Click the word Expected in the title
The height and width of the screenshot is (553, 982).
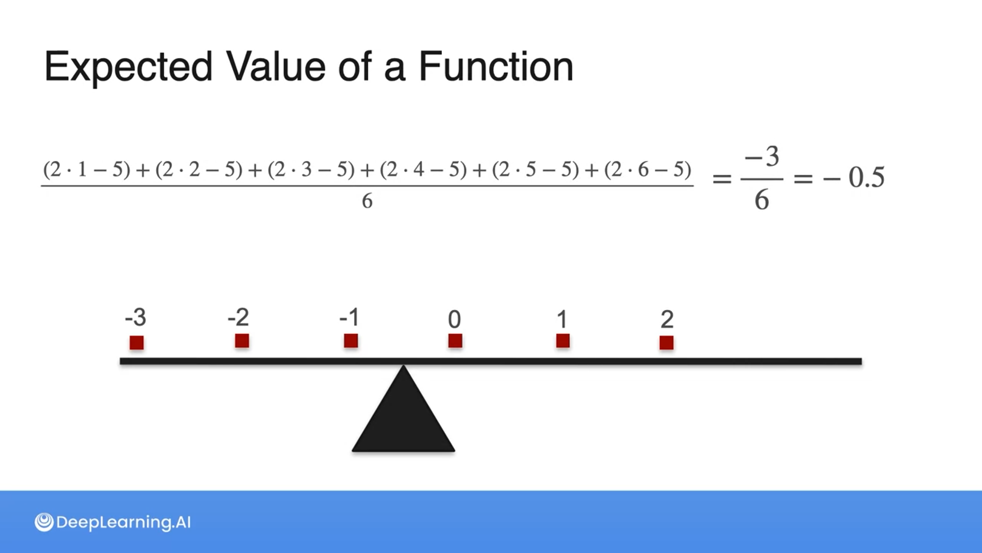click(x=128, y=67)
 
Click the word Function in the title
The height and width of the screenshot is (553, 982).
click(x=496, y=67)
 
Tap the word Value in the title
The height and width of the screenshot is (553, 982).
click(x=276, y=67)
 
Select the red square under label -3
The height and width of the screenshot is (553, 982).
click(x=137, y=343)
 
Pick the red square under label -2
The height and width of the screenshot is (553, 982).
click(x=242, y=341)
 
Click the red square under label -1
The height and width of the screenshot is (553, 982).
click(x=351, y=341)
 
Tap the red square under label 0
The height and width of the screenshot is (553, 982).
click(x=455, y=341)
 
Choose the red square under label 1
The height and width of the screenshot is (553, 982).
click(x=563, y=341)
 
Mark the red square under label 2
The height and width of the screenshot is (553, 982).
click(x=666, y=343)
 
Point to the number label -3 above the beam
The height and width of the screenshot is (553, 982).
click(x=136, y=317)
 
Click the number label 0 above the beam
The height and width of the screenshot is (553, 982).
click(x=455, y=320)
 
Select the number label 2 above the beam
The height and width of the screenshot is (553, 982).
click(x=667, y=320)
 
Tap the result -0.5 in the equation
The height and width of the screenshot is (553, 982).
click(x=854, y=178)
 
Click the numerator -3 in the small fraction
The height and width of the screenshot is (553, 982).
click(x=762, y=157)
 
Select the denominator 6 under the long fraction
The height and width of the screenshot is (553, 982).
click(x=367, y=201)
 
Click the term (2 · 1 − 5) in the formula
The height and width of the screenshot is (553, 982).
click(x=87, y=169)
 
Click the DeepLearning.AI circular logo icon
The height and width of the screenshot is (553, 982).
click(x=44, y=522)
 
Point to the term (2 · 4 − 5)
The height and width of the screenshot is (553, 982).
click(x=423, y=169)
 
